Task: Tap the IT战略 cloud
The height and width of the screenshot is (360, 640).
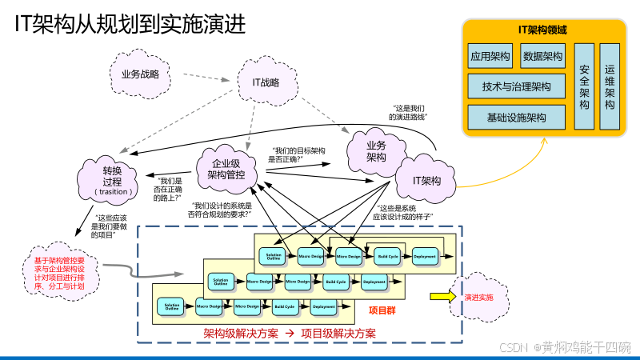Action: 266,82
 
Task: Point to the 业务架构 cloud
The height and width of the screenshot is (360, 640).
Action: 376,151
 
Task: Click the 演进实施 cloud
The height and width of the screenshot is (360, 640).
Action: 478,297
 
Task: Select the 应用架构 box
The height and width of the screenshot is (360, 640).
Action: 490,57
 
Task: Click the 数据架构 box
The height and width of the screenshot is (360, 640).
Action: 542,57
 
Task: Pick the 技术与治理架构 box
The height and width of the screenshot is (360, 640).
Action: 516,86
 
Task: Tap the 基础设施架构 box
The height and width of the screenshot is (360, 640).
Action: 516,117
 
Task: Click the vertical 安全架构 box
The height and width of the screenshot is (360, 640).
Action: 584,87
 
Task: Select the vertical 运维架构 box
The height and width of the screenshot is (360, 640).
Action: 610,87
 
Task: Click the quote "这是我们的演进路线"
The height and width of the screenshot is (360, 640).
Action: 408,112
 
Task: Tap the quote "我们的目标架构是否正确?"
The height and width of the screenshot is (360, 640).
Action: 297,154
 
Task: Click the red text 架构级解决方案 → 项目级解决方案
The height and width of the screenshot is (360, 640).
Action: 290,333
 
